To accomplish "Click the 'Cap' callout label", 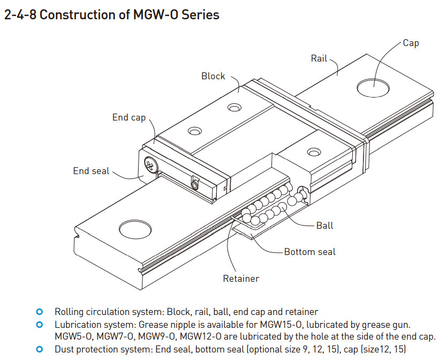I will (411, 43).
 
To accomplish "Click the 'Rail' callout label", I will (319, 58).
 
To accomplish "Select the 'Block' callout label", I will (213, 76).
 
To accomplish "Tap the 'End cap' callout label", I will (128, 117).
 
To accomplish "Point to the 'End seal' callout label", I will (91, 171).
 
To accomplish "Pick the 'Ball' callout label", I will (324, 226).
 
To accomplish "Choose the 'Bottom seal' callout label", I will (310, 252).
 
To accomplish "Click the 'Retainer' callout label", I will (241, 279).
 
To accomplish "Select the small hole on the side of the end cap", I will (195, 185).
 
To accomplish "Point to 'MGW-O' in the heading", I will (151, 14).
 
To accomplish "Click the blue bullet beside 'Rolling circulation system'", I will (39, 312).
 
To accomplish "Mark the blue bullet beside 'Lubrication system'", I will (39, 325).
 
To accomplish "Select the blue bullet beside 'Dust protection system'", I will (39, 349).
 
